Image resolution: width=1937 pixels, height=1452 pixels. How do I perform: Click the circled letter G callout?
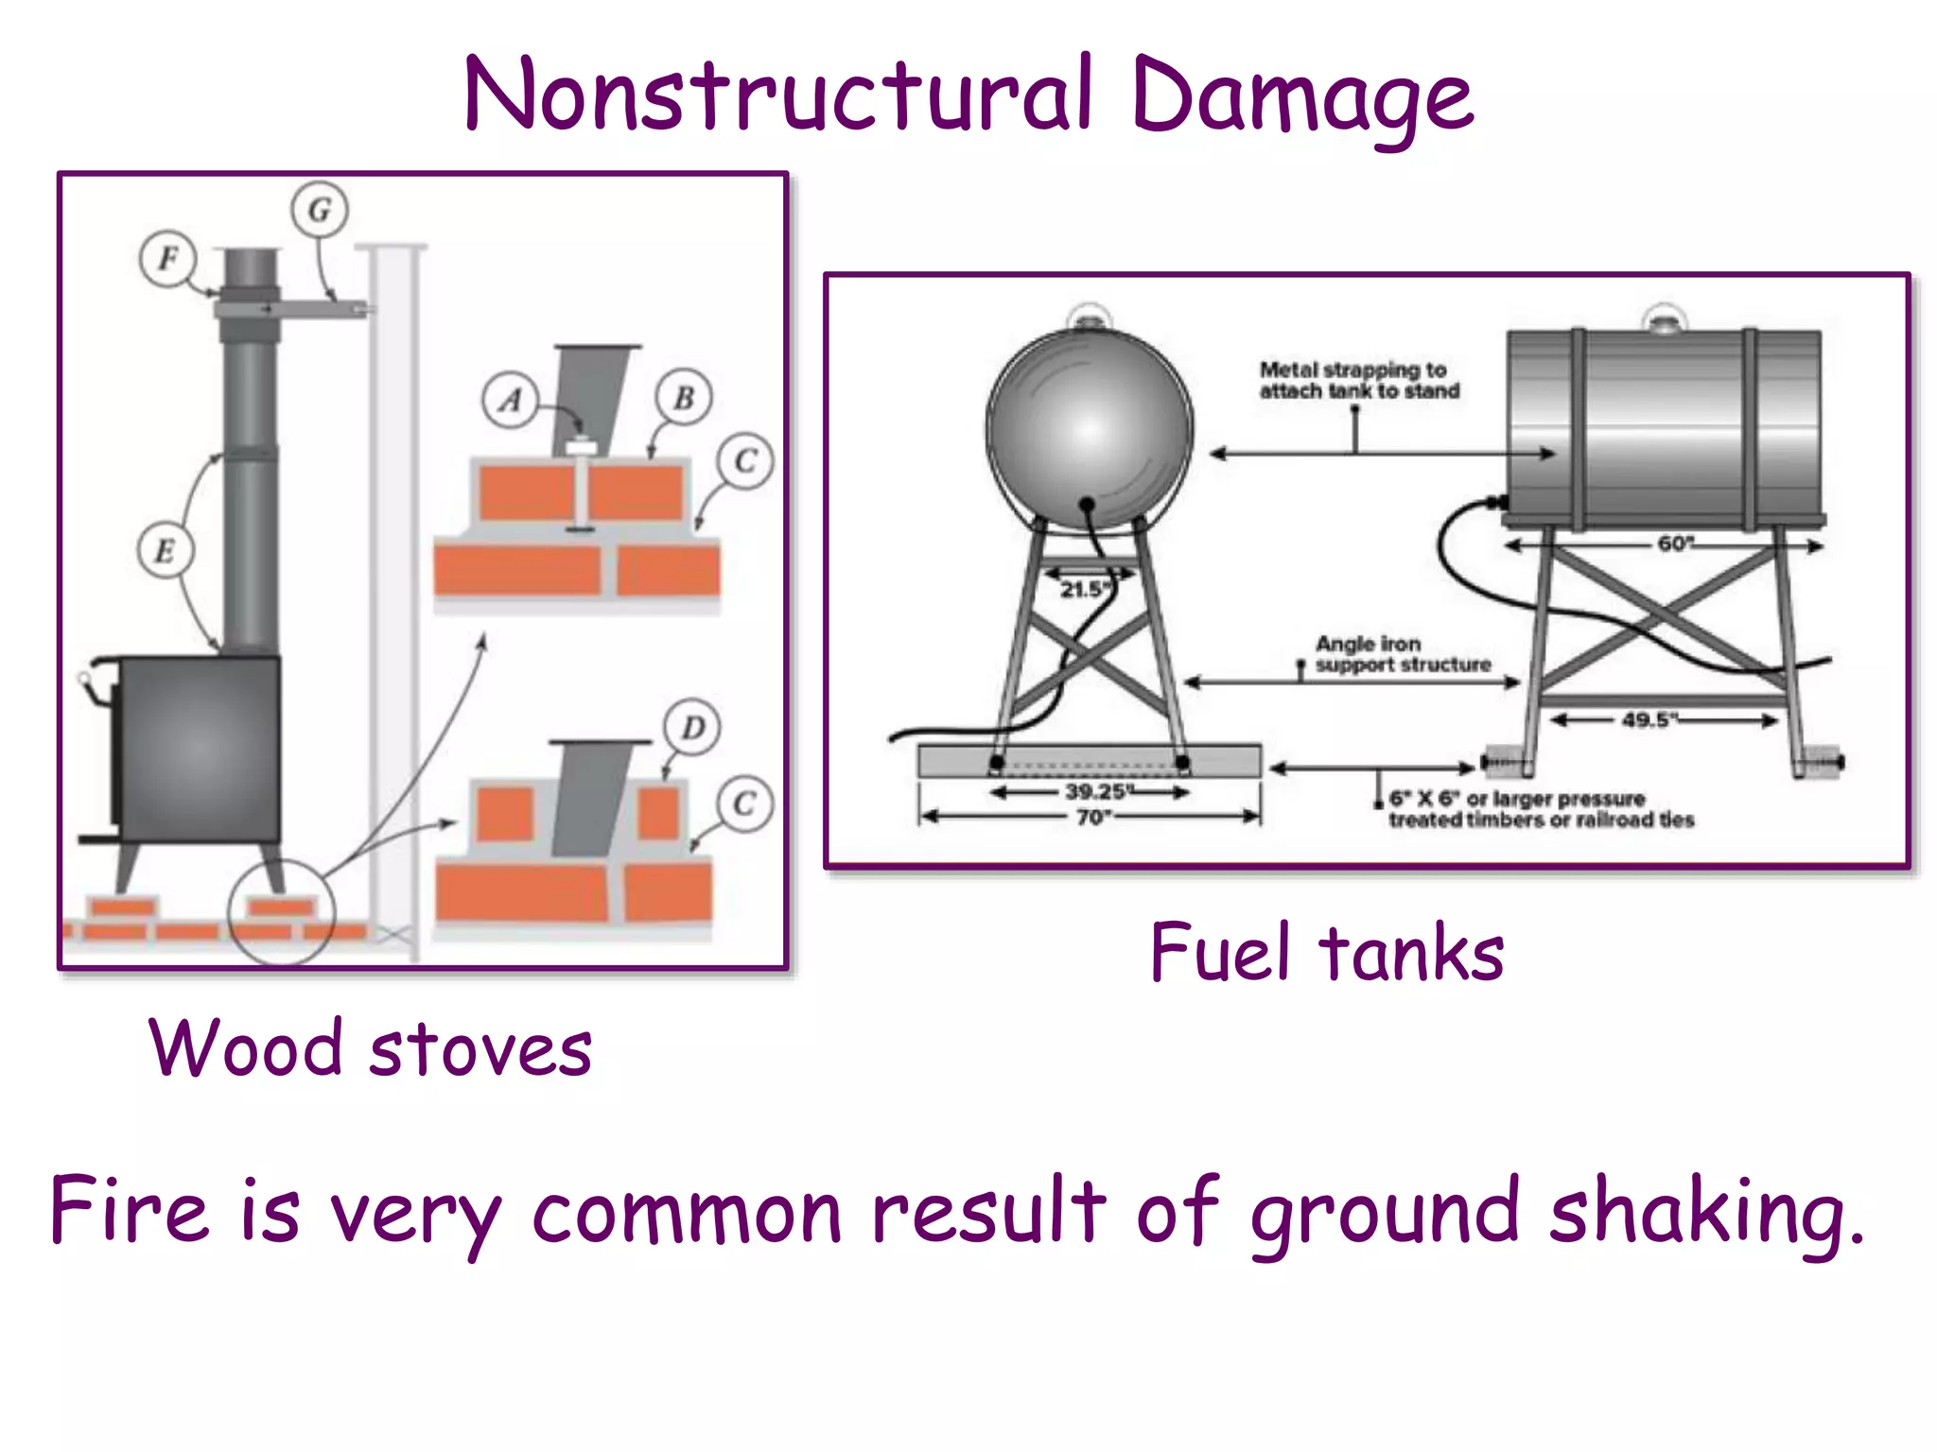320,209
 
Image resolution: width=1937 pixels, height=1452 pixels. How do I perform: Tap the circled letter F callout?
168,258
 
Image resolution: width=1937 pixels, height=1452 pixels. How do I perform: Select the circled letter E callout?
166,550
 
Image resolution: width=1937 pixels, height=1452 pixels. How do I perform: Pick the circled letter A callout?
511,400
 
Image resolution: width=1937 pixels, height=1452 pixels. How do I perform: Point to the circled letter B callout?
684,397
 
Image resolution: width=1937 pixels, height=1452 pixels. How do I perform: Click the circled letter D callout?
692,727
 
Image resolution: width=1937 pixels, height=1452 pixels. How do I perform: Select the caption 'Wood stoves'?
370,1048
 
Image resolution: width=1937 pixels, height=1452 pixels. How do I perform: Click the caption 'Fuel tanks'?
1326,953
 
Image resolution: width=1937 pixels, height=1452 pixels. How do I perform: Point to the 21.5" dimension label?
1084,590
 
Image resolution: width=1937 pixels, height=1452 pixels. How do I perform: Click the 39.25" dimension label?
1094,791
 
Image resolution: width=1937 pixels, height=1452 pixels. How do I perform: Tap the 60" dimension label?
1675,544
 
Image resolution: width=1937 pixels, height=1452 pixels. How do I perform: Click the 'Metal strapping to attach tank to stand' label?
1358,380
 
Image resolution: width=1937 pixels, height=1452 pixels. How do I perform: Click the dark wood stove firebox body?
200,749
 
